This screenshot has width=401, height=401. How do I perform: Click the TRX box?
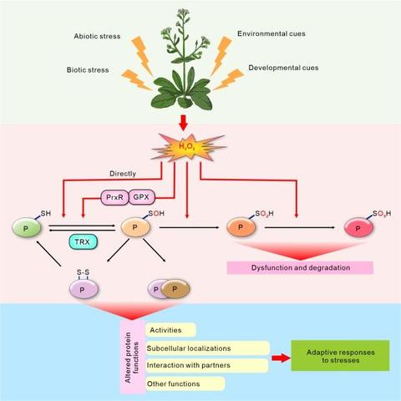click(x=83, y=241)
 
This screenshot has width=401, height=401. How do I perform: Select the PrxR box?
click(x=114, y=197)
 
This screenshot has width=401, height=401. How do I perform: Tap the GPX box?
click(x=141, y=197)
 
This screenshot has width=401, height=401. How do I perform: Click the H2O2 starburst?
click(x=188, y=147)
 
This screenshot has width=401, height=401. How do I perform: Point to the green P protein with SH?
click(x=27, y=227)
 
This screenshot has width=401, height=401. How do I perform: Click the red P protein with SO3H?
click(x=358, y=227)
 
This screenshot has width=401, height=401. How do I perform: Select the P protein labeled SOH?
click(x=135, y=227)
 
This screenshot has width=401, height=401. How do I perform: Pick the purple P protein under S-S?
click(x=84, y=289)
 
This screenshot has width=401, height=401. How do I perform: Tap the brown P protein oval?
click(x=175, y=289)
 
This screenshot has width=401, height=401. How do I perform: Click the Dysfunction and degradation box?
click(x=300, y=267)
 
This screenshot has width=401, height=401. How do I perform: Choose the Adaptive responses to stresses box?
click(x=340, y=356)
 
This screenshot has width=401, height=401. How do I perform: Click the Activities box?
click(x=170, y=330)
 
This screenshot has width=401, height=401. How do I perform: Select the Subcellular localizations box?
click(x=207, y=348)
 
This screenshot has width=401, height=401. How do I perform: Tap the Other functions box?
click(x=185, y=383)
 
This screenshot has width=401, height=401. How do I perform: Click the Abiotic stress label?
click(x=97, y=36)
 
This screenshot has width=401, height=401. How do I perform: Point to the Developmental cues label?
click(x=283, y=68)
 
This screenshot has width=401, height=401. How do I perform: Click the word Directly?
click(x=123, y=174)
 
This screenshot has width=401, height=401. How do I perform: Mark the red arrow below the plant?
click(x=183, y=123)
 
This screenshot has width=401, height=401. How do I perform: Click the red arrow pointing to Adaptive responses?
click(x=281, y=358)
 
